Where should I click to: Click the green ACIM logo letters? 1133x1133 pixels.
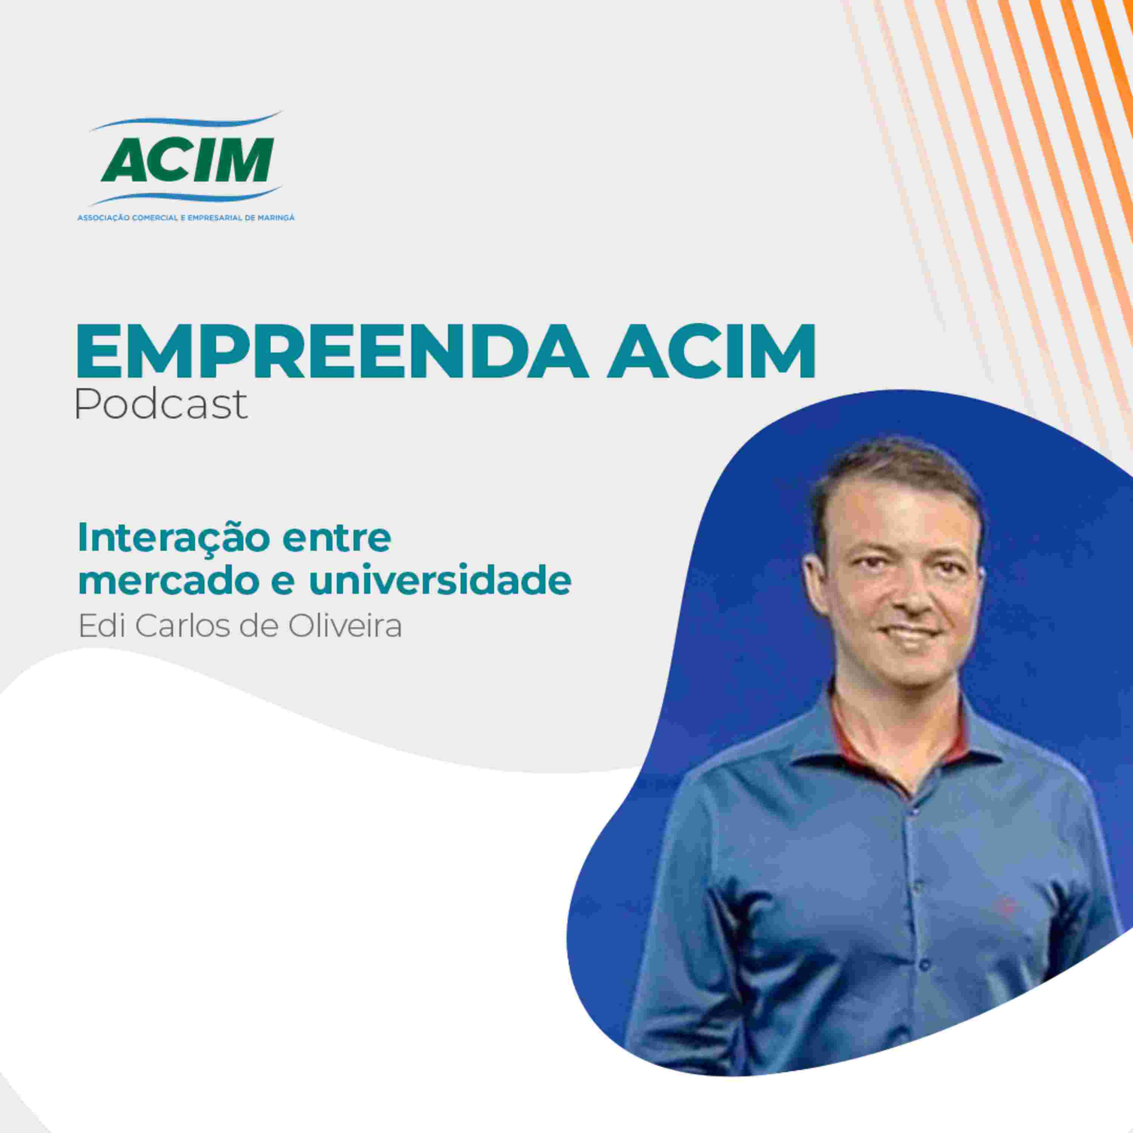(x=187, y=159)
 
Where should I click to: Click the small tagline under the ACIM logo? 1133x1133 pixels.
(x=186, y=218)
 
